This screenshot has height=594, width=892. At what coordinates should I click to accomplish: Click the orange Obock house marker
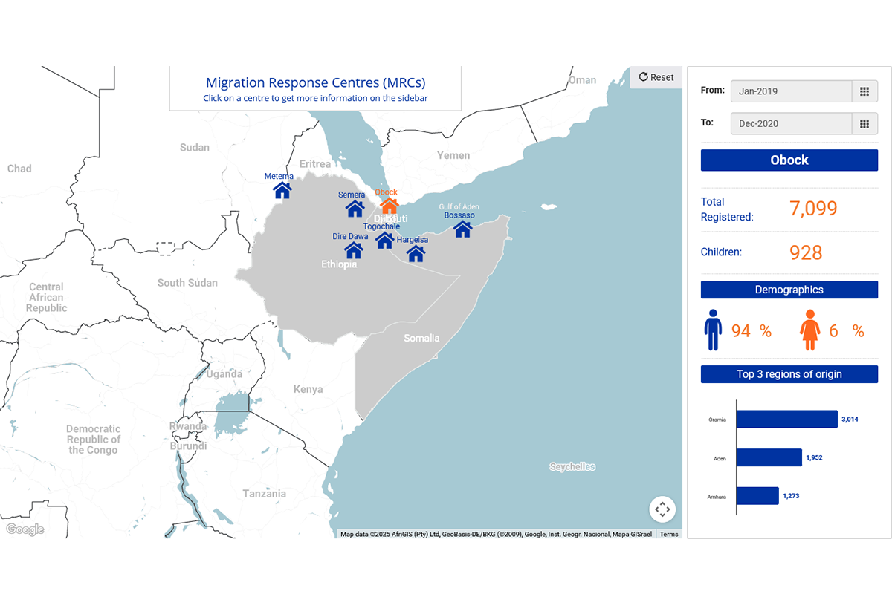(x=389, y=206)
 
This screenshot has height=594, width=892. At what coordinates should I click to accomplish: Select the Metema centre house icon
(x=282, y=191)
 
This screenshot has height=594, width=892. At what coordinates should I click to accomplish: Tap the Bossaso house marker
(x=462, y=229)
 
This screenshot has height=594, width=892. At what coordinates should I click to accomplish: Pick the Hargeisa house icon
(x=416, y=254)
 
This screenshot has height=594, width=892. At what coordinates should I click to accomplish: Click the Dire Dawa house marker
(x=353, y=250)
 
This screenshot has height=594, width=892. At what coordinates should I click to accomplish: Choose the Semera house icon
(x=355, y=209)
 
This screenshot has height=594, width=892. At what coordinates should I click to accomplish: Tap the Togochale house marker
(x=384, y=240)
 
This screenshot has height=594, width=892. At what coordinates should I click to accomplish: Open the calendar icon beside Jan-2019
(x=864, y=91)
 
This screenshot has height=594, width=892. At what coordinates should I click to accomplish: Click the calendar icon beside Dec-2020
(x=864, y=123)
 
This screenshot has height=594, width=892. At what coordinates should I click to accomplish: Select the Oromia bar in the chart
(x=786, y=420)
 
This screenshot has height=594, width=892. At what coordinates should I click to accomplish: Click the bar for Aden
(x=769, y=457)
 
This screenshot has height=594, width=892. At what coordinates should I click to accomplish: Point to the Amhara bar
(x=757, y=495)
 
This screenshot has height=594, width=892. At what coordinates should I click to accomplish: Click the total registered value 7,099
(x=813, y=209)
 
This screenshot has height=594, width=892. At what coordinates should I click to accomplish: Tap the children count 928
(x=806, y=252)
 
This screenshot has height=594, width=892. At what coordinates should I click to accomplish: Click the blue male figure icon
(x=713, y=330)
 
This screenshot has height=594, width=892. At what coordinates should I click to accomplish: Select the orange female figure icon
(x=809, y=330)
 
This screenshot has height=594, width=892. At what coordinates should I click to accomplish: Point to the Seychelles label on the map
(x=572, y=467)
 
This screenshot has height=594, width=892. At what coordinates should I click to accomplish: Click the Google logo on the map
(x=25, y=529)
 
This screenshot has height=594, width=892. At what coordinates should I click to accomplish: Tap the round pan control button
(x=662, y=509)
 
